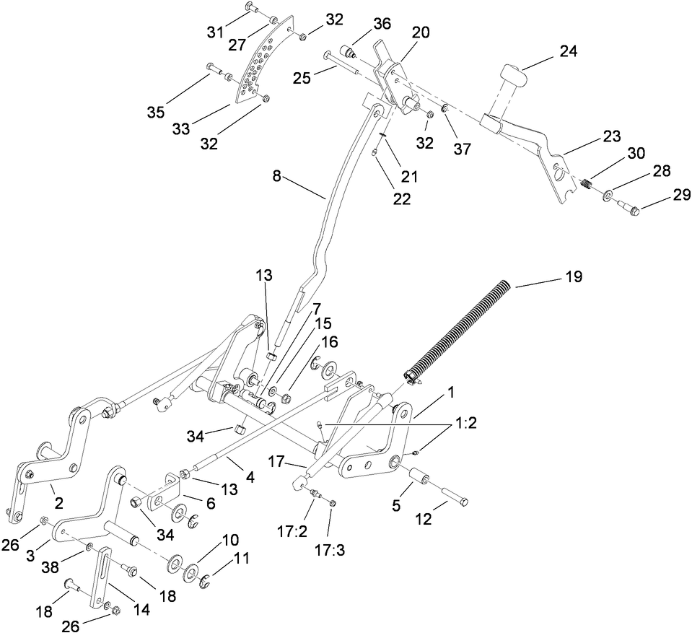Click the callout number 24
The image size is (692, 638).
[569, 51]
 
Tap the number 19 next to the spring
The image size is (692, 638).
[573, 276]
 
